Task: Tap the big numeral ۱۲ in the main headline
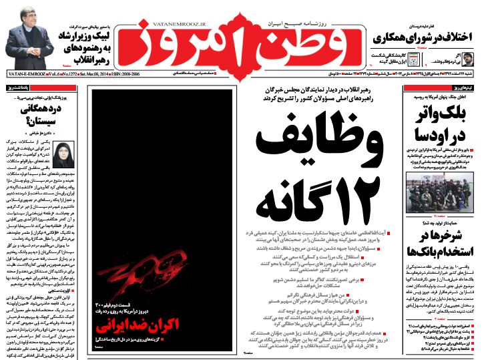point(361,200)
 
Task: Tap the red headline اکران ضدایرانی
point(137,328)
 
